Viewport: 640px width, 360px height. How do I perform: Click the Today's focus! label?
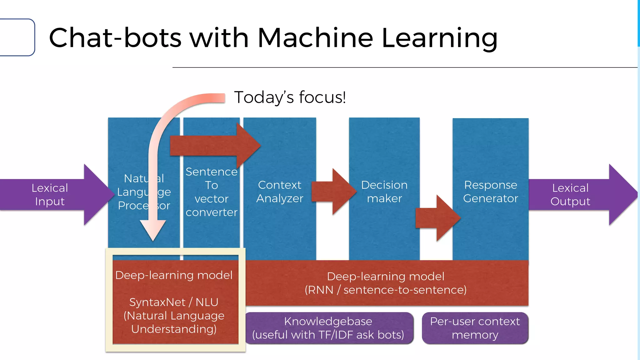click(x=290, y=97)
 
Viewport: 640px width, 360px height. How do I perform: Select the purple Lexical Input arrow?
click(x=50, y=195)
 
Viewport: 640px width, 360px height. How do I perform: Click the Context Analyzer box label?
click(x=280, y=192)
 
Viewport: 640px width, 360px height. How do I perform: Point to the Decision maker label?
click(x=384, y=192)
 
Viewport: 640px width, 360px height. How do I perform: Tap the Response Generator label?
click(x=490, y=192)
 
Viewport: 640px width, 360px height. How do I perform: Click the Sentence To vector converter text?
click(x=212, y=192)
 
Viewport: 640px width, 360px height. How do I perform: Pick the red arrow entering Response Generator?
click(x=437, y=218)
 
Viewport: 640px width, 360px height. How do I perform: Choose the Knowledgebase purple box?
click(x=328, y=328)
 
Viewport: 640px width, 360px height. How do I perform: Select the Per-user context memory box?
click(x=475, y=328)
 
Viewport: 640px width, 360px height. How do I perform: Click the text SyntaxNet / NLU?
click(x=174, y=302)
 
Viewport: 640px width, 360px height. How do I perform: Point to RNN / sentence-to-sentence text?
click(x=386, y=290)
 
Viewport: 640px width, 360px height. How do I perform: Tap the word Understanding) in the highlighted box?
click(x=174, y=329)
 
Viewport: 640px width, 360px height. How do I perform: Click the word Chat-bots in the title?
click(x=115, y=38)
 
